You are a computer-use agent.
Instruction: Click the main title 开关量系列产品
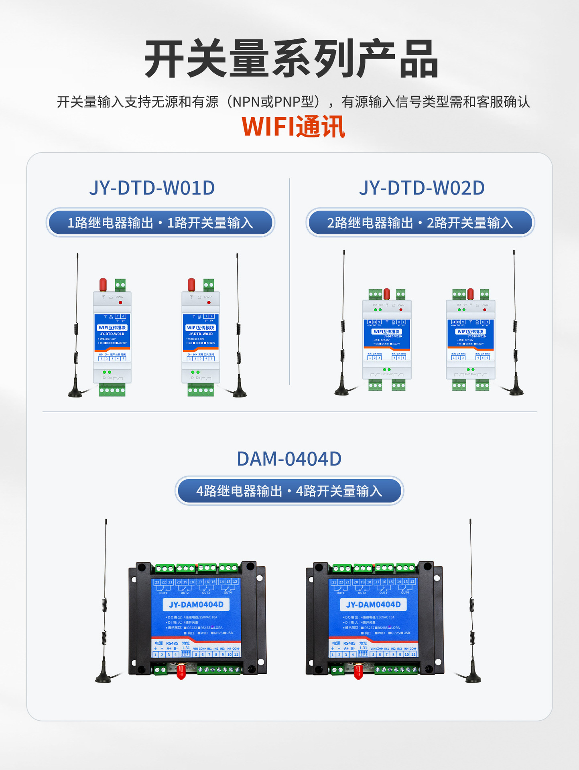pos(291,59)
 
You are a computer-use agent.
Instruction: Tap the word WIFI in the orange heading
pos(268,127)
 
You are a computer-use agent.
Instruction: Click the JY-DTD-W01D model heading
pos(152,188)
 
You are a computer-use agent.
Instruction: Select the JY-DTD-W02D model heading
pos(422,188)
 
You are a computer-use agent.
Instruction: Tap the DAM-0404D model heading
pos(289,459)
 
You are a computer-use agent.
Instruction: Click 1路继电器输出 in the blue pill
pos(110,223)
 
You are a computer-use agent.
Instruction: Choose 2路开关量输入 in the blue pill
pos(470,223)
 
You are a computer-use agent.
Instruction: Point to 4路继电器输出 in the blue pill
pos(239,491)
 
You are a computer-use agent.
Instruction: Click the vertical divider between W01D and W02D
pos(290,281)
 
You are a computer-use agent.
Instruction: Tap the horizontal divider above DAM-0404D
pos(289,411)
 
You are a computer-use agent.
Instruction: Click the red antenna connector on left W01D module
pos(103,284)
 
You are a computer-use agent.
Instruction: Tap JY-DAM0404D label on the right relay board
pos(373,604)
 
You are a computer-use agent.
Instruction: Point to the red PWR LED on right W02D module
pos(485,310)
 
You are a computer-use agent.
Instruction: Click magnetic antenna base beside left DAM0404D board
pos(103,678)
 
